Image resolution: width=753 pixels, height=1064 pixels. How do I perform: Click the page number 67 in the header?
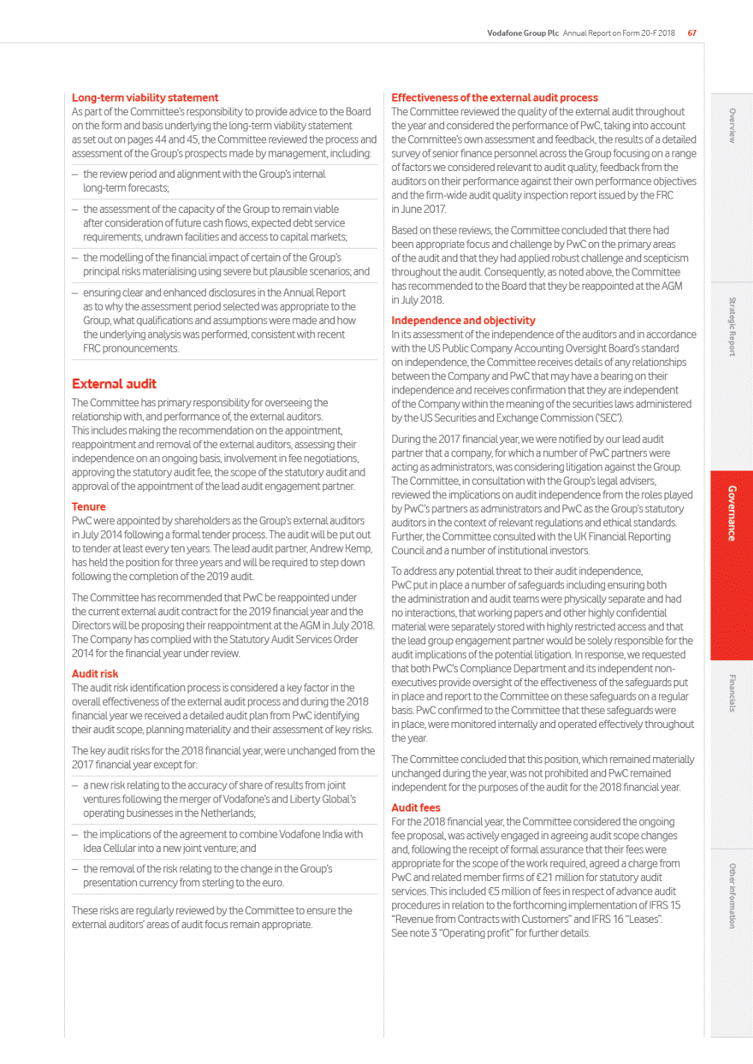(x=692, y=33)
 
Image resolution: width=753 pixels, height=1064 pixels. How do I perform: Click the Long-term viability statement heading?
(x=145, y=98)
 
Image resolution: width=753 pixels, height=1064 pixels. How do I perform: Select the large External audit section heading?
(x=114, y=384)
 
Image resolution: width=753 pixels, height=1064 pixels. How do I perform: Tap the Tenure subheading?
(x=89, y=507)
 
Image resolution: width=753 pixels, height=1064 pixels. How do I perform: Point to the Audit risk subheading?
(x=95, y=673)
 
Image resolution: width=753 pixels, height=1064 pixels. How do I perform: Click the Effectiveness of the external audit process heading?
(x=495, y=98)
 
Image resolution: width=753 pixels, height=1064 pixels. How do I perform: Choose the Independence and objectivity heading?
(x=463, y=320)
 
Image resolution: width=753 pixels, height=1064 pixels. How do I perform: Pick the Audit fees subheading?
(x=416, y=808)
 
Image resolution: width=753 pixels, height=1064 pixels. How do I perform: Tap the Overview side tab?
(x=732, y=125)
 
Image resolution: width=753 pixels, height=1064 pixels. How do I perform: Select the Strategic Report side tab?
(x=732, y=326)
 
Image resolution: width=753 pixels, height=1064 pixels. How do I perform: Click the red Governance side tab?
(x=732, y=513)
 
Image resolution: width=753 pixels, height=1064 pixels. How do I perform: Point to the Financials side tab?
(x=732, y=693)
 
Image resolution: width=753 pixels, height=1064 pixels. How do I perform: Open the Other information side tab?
(x=732, y=896)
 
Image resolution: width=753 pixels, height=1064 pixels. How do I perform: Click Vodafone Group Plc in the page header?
(x=523, y=33)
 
